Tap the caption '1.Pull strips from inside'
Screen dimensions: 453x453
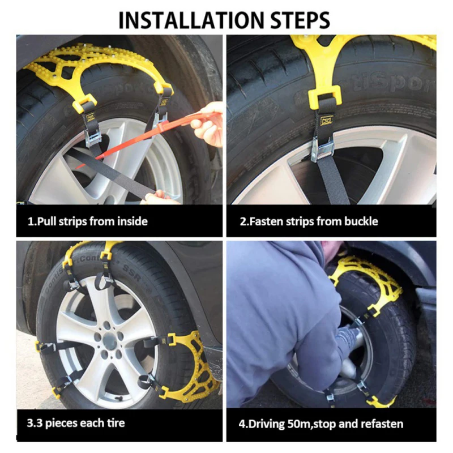pyautogui.click(x=88, y=221)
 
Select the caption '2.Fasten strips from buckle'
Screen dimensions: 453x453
pyautogui.click(x=309, y=221)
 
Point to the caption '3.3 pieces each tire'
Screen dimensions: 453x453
pyautogui.click(x=76, y=423)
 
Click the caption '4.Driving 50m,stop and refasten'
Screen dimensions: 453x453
pyautogui.click(x=320, y=424)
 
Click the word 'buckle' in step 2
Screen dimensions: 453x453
pyautogui.click(x=361, y=221)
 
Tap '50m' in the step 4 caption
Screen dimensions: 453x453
pyautogui.click(x=298, y=424)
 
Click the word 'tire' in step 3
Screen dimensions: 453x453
pyautogui.click(x=116, y=423)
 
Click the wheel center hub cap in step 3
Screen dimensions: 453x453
pyautogui.click(x=110, y=337)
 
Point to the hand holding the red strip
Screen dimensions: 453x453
pyautogui.click(x=208, y=123)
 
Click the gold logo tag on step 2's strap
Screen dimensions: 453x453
pyautogui.click(x=327, y=119)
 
